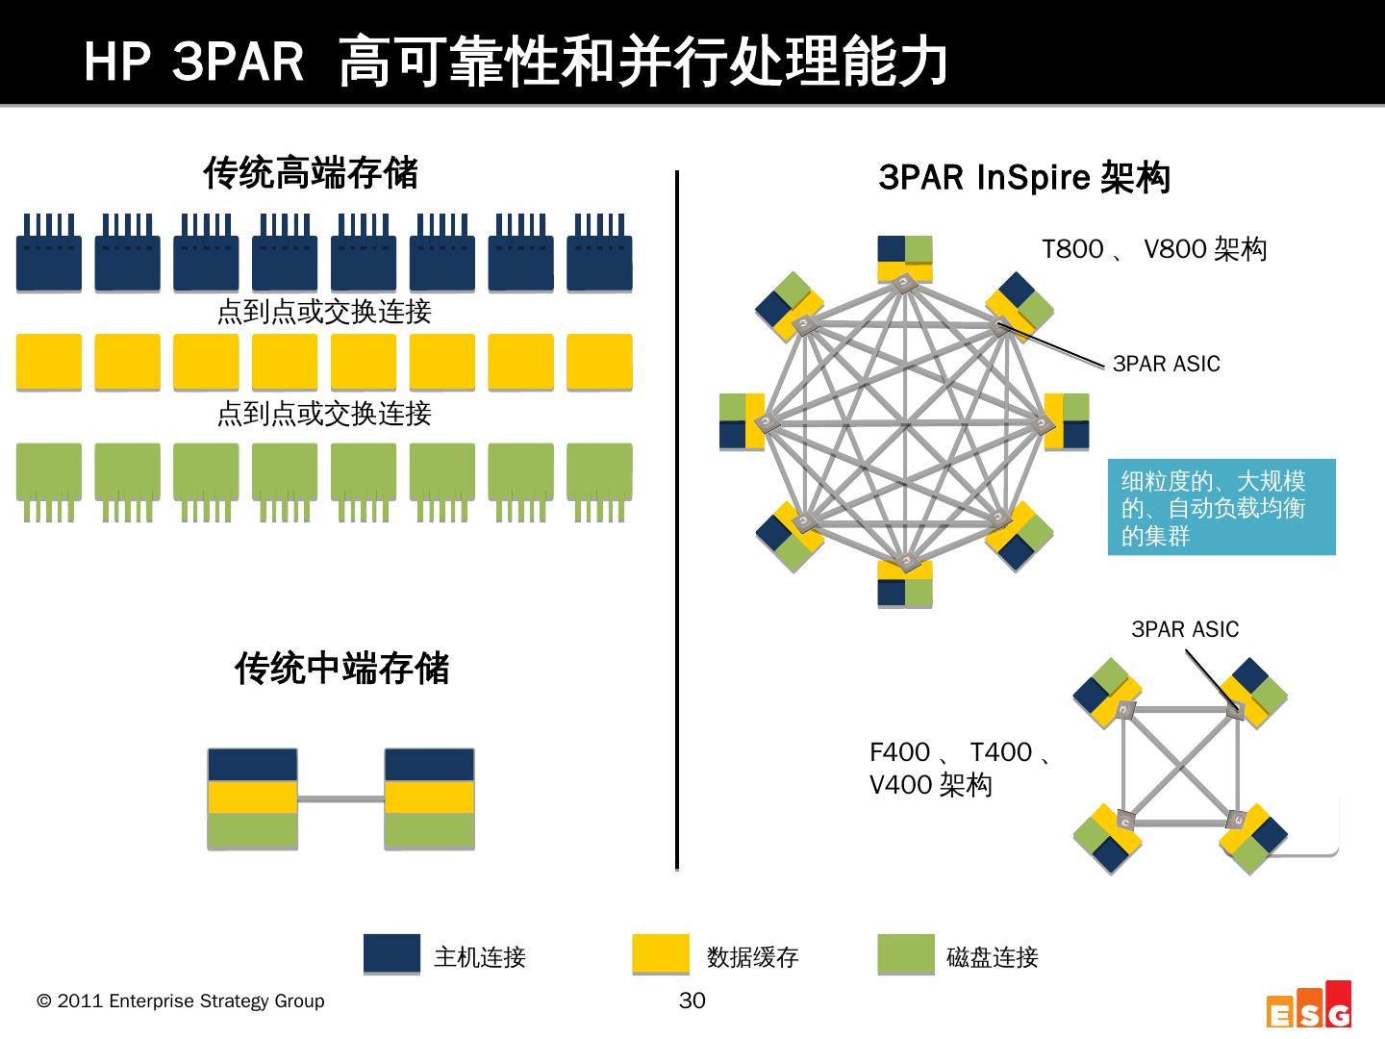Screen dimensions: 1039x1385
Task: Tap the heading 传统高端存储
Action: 311,173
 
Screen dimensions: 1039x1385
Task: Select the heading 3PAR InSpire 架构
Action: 1023,178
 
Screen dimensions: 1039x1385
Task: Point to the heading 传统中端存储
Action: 341,669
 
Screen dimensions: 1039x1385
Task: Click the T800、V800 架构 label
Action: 1154,250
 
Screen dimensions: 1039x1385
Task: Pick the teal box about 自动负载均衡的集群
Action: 1221,507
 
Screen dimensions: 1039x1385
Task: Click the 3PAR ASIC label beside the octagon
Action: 1166,364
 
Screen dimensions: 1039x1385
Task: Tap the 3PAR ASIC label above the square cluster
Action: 1184,629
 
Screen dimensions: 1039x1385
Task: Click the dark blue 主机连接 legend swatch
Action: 391,953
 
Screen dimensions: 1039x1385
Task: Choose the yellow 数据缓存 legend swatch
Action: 661,953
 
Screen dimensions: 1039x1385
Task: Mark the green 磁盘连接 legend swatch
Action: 905,953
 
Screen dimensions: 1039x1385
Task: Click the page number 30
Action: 692,1001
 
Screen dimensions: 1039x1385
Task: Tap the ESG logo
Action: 1309,1006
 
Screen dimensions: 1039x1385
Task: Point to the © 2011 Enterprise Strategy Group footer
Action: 181,1001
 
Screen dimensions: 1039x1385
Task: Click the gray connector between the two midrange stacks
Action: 340,798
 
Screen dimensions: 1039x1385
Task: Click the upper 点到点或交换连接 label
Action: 324,312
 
